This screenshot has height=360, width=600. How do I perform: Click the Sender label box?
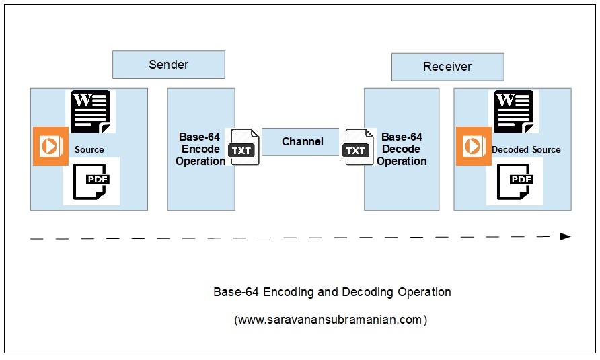click(x=168, y=65)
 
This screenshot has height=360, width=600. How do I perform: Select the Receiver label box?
click(x=447, y=67)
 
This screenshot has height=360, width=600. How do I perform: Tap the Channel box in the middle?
click(x=302, y=142)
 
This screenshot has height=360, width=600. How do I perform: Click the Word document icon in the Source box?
click(x=91, y=112)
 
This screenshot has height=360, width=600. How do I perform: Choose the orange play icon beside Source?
click(x=50, y=146)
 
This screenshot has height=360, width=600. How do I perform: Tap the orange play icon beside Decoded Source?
click(x=474, y=146)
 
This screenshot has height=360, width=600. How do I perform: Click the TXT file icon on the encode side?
click(x=242, y=147)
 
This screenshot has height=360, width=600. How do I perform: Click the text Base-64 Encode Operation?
click(x=200, y=149)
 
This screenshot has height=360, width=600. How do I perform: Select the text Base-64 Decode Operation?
click(x=402, y=149)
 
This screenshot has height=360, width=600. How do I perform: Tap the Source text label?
click(x=89, y=149)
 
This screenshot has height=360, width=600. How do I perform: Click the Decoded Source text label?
click(x=526, y=149)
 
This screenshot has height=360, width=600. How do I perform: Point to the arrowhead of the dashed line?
click(x=565, y=236)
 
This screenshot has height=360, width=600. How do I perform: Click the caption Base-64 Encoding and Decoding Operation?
click(x=332, y=292)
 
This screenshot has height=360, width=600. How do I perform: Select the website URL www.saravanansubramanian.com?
click(x=330, y=320)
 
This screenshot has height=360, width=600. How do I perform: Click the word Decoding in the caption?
click(x=369, y=292)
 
